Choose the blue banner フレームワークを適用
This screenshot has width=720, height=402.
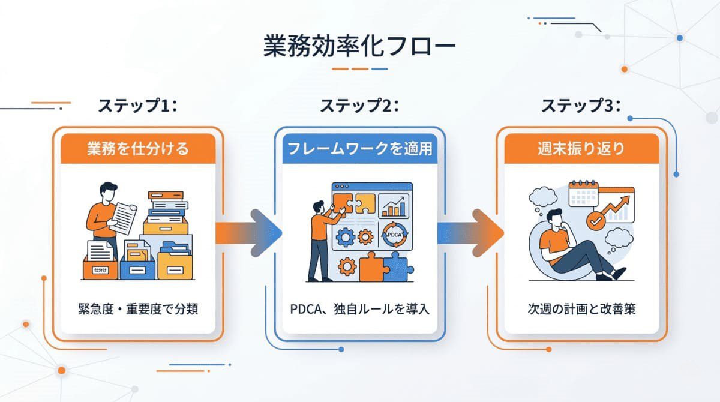click(x=359, y=148)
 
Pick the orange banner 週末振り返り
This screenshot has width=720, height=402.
click(x=581, y=148)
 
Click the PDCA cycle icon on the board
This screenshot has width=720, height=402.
click(x=395, y=235)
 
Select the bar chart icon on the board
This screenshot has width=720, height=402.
click(x=395, y=205)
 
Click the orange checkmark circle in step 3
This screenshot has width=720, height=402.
click(x=596, y=220)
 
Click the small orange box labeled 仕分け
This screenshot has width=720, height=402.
click(x=100, y=269)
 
